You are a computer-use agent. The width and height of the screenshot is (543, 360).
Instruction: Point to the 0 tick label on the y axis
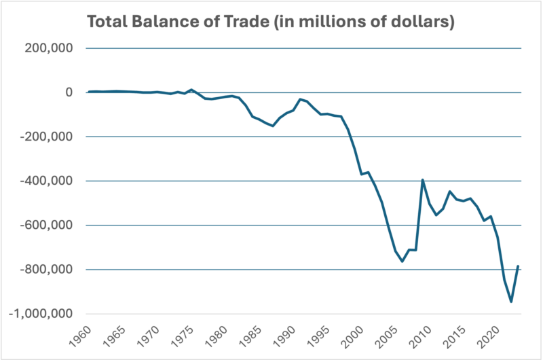(x=67, y=92)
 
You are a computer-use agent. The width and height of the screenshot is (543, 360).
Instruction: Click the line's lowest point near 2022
(x=511, y=302)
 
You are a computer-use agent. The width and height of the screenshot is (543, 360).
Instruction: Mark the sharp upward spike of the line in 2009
(x=423, y=180)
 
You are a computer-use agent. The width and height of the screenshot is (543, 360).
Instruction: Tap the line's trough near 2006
(x=402, y=262)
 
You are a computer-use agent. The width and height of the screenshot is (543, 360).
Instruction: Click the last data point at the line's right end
(x=519, y=266)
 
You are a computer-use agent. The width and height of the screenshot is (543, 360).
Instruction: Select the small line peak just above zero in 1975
(x=191, y=90)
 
